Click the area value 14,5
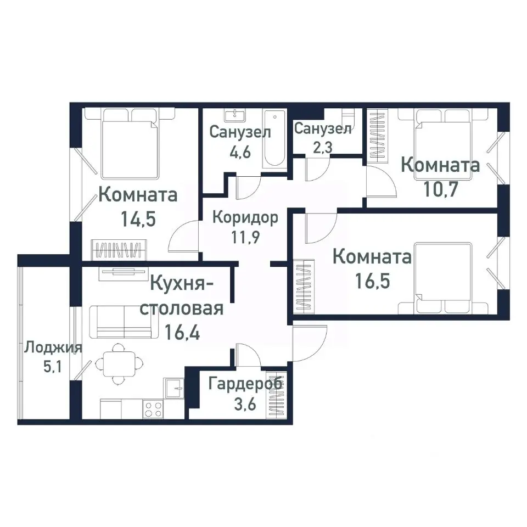[138, 219]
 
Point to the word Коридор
[245, 217]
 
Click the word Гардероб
[245, 383]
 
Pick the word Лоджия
[53, 347]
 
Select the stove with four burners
[153, 409]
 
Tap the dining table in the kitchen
[117, 363]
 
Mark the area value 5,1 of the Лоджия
[53, 366]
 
